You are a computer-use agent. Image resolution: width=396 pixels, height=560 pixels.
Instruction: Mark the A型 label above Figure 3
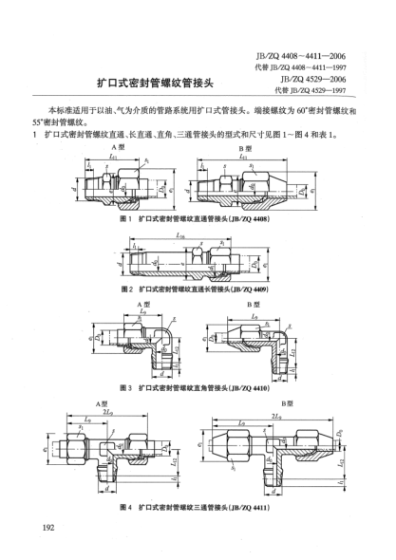pos(128,302)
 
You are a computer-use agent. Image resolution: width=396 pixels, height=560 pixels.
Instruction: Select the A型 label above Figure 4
pos(104,401)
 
